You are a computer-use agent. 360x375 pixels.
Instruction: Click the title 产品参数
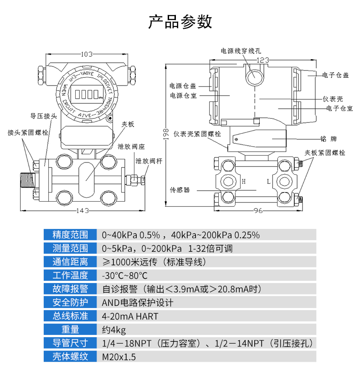[x=180, y=21]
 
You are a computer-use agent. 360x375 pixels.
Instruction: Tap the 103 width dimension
[x=87, y=54]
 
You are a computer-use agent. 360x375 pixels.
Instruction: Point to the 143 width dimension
[x=82, y=210]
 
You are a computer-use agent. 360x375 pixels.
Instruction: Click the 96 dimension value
[x=258, y=210]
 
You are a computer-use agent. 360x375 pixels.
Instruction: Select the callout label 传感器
[x=180, y=189]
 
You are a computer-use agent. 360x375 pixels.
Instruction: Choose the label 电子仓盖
[x=335, y=75]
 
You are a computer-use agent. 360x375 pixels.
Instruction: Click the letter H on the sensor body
[x=244, y=182]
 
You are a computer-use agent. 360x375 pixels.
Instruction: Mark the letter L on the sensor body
[x=269, y=182]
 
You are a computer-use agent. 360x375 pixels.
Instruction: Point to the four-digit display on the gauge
[x=86, y=95]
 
